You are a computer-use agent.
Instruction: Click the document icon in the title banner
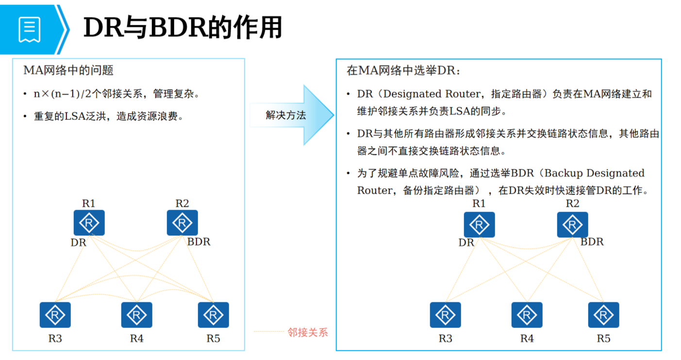click(29, 30)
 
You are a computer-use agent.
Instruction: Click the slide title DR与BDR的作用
click(183, 28)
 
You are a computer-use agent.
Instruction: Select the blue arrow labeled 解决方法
click(291, 115)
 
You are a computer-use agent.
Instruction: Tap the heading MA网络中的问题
click(68, 70)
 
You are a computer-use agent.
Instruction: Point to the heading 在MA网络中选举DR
click(403, 71)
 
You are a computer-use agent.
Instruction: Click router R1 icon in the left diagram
click(89, 223)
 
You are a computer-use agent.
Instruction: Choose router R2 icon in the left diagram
click(182, 223)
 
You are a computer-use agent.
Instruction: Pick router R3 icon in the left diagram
click(55, 315)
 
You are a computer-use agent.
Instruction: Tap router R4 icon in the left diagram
click(136, 315)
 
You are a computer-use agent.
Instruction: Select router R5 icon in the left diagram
click(213, 315)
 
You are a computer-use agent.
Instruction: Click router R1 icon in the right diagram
click(479, 225)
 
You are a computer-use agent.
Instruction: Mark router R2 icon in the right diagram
click(572, 225)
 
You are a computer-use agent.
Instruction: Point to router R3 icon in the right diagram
click(445, 315)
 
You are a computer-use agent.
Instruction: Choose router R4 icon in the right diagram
click(527, 315)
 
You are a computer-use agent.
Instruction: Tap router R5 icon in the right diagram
click(603, 315)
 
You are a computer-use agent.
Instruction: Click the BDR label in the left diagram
click(199, 242)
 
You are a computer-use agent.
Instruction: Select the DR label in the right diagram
click(466, 243)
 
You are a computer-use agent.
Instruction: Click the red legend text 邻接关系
click(308, 332)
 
